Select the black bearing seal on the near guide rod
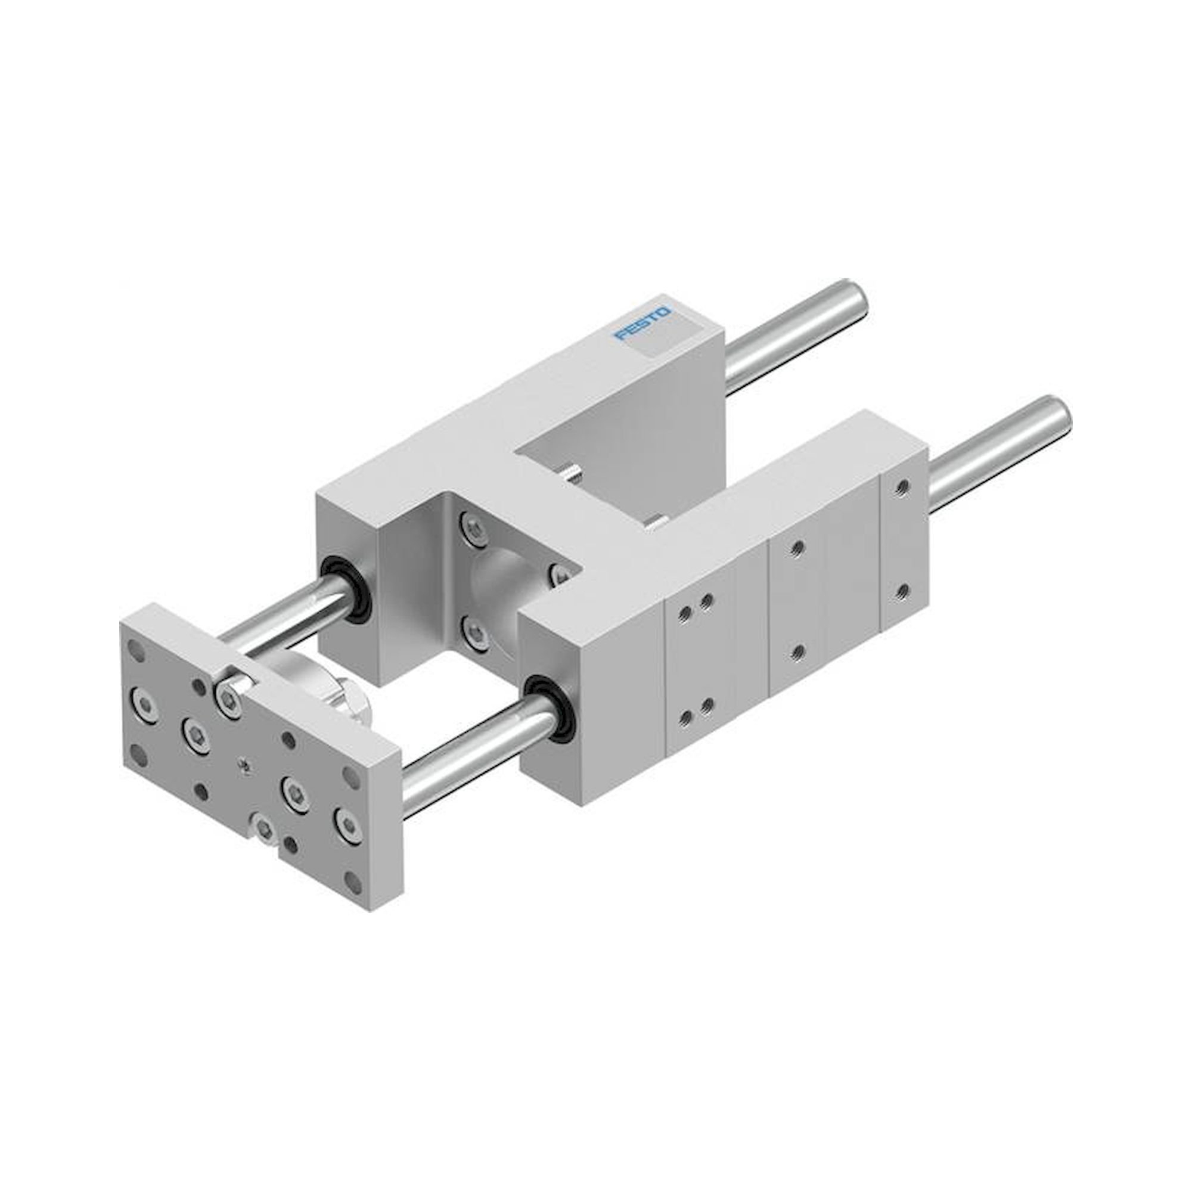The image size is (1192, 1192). [551, 709]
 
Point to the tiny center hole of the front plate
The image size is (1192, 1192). [245, 766]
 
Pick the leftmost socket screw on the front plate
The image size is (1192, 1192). [144, 701]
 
